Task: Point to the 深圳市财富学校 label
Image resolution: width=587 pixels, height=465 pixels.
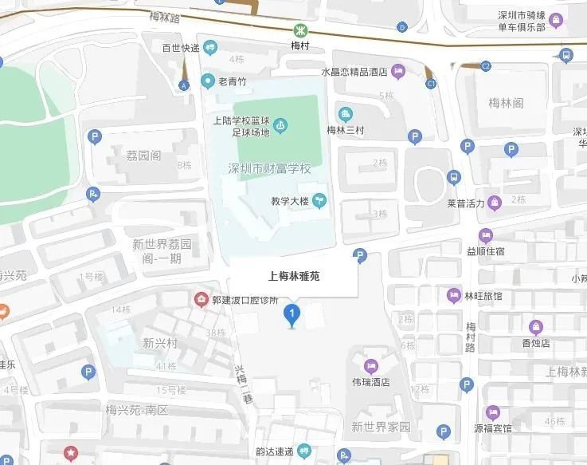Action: pyautogui.click(x=269, y=170)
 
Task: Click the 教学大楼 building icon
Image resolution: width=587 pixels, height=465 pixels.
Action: pyautogui.click(x=320, y=201)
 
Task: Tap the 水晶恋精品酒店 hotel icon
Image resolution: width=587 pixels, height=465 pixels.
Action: pyautogui.click(x=399, y=73)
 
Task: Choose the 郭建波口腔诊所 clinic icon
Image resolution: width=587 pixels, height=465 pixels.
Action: pyautogui.click(x=201, y=300)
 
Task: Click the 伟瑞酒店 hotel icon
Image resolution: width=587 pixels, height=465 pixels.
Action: pyautogui.click(x=371, y=366)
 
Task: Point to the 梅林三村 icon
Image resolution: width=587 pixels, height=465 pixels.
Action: pyautogui.click(x=346, y=113)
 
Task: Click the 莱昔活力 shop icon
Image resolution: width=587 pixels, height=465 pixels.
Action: pyautogui.click(x=495, y=203)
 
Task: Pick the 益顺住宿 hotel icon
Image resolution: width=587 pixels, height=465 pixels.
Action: pyautogui.click(x=484, y=235)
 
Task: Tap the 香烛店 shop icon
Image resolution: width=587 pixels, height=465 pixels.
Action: pyautogui.click(x=537, y=326)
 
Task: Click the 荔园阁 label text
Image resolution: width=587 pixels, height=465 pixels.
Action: pyautogui.click(x=143, y=155)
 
